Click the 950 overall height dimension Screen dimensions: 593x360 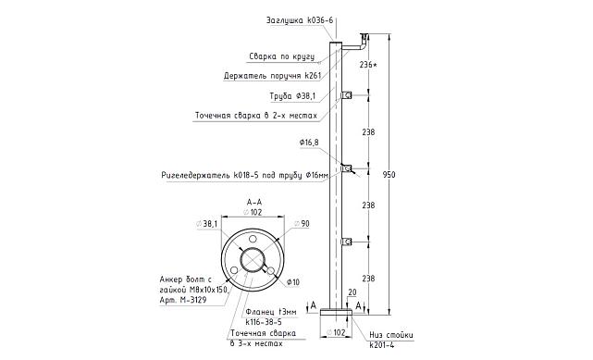(389, 175)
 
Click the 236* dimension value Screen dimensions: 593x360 (368, 65)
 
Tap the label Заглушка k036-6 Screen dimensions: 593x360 (300, 20)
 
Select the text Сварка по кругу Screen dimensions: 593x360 (282, 56)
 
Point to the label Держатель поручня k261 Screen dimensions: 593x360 (272, 76)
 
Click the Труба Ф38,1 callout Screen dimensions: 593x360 (292, 96)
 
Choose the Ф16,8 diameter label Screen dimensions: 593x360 (309, 143)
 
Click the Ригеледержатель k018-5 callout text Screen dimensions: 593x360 (244, 176)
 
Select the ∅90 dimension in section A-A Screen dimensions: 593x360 (302, 224)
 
